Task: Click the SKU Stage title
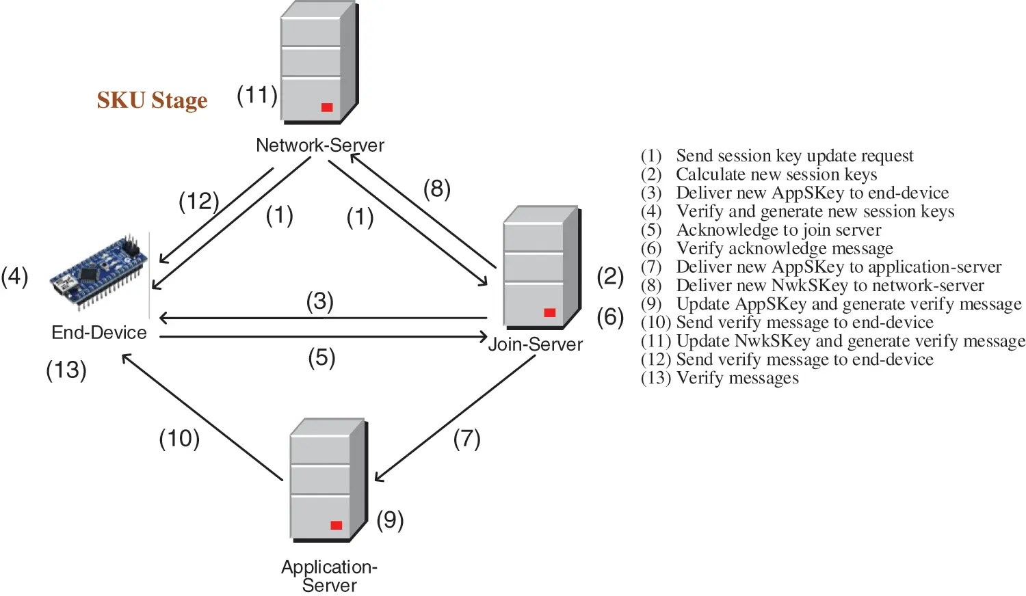152,100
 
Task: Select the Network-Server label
319,145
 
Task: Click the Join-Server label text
535,344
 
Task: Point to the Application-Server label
329,575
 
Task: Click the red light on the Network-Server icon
327,107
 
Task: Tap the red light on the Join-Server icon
549,312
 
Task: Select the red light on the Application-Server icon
336,525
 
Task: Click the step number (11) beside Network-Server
257,95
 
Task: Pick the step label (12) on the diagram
198,201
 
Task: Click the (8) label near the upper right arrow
436,188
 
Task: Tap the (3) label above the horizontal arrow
319,301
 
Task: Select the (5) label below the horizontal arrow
321,357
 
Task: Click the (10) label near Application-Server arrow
179,438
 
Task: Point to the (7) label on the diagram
466,438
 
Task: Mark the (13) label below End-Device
66,370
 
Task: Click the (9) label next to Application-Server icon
390,520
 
